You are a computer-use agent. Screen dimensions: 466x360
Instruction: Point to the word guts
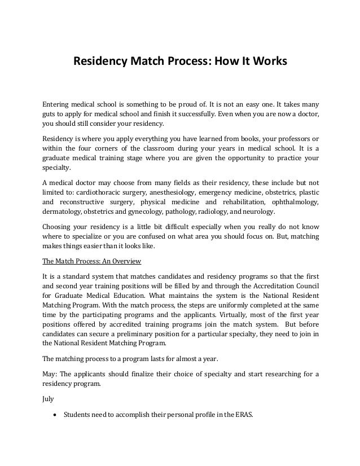tap(50, 113)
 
